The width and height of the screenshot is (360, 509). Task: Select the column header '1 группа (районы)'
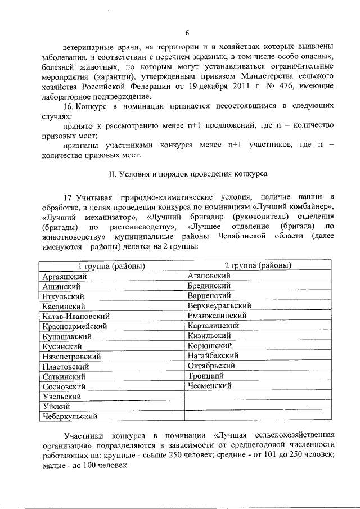click(x=111, y=266)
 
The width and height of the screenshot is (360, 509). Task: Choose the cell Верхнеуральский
click(x=220, y=305)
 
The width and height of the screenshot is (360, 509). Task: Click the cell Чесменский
click(x=210, y=386)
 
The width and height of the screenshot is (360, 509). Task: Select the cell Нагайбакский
click(x=214, y=355)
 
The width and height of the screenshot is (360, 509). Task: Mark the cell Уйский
click(x=55, y=407)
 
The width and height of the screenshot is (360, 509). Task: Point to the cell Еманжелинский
click(x=219, y=316)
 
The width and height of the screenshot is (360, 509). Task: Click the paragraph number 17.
click(x=70, y=196)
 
